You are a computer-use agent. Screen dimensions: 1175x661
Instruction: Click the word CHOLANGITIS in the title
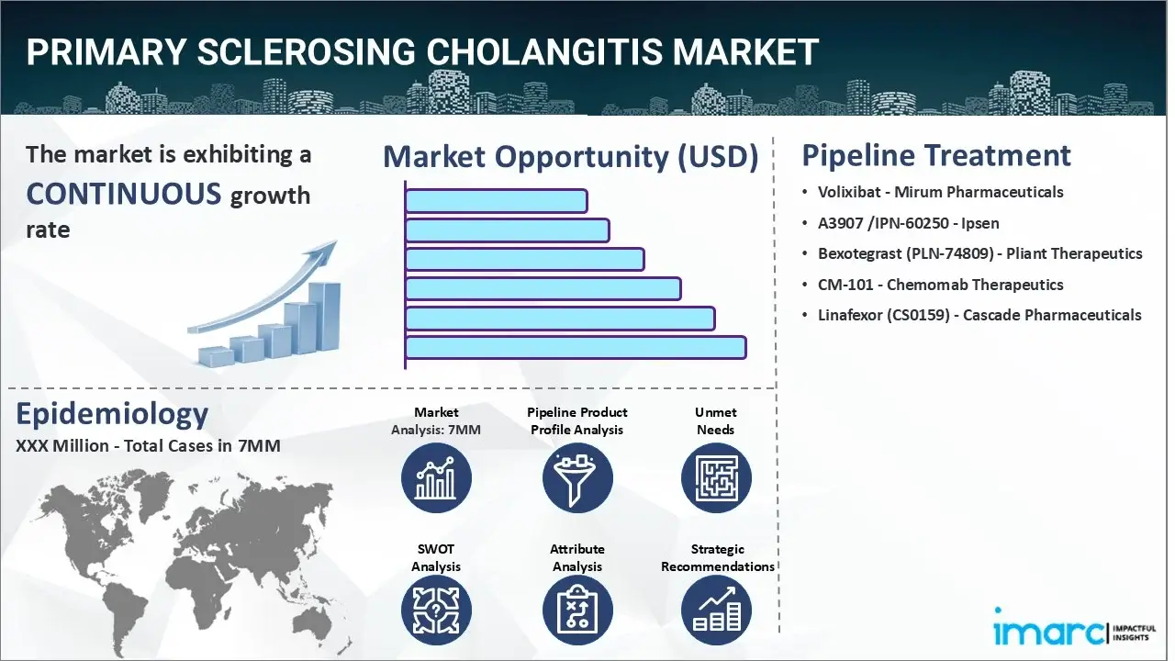point(544,51)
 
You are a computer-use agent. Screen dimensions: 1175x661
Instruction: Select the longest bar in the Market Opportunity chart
point(576,348)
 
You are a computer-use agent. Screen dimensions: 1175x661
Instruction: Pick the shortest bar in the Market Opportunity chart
point(497,201)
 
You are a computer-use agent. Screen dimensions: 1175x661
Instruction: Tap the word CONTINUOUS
point(124,193)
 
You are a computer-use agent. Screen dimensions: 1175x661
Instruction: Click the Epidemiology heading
point(112,414)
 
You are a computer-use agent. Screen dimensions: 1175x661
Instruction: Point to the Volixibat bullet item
point(941,192)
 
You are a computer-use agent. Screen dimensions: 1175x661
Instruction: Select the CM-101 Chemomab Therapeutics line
point(941,285)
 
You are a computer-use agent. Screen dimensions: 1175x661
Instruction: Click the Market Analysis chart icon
point(436,478)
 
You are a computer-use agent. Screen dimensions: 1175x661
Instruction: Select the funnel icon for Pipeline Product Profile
point(577,478)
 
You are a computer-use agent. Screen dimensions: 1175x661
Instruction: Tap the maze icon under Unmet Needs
point(716,478)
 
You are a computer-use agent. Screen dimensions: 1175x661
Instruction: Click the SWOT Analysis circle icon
point(436,611)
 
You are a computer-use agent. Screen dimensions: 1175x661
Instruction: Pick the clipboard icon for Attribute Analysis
point(577,611)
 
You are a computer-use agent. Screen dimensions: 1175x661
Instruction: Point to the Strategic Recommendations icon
point(716,611)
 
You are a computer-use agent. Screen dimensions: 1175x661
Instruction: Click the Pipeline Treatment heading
point(936,156)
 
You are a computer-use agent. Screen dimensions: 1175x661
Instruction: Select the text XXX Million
point(62,446)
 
